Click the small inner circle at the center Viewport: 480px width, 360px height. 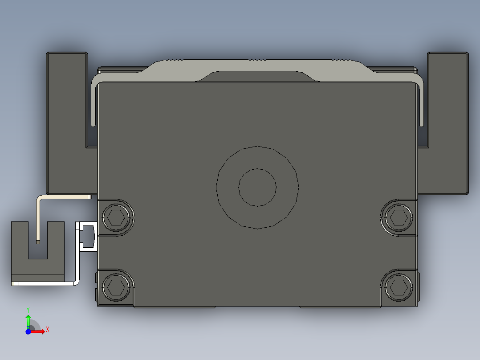[257, 187]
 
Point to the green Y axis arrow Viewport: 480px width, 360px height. [28, 320]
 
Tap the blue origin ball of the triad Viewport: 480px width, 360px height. [28, 331]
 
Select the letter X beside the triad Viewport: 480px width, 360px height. [47, 330]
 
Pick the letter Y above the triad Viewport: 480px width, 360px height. [28, 309]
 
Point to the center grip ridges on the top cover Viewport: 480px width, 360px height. [257, 60]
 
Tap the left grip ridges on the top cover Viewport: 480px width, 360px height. [174, 60]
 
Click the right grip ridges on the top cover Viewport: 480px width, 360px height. [341, 60]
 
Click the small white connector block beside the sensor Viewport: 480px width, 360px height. [87, 236]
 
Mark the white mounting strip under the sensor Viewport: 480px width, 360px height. [45, 283]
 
